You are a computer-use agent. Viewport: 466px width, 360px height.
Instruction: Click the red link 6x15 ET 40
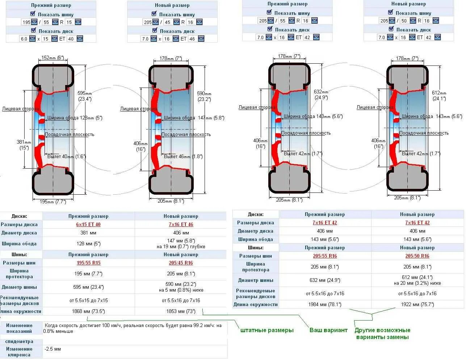click(x=88, y=224)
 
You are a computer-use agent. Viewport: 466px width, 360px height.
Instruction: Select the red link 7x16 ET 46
click(x=181, y=224)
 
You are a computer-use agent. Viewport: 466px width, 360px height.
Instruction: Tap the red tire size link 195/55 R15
click(x=88, y=263)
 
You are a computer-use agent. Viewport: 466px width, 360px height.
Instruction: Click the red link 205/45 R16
click(x=181, y=263)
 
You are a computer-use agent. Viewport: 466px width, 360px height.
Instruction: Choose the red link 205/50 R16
click(x=417, y=256)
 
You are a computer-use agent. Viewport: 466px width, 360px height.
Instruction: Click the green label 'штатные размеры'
click(x=267, y=330)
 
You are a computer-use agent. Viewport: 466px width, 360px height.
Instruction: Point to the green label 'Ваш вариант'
click(x=328, y=330)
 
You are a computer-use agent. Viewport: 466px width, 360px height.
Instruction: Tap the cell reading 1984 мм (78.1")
click(x=325, y=304)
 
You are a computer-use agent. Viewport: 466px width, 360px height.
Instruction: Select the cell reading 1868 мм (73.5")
click(x=88, y=311)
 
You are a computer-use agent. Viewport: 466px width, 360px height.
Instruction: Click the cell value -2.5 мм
click(x=53, y=349)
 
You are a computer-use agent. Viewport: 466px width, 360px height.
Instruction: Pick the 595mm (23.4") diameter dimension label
click(x=85, y=96)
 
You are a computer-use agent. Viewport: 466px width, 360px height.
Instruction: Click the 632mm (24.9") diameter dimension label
click(x=321, y=94)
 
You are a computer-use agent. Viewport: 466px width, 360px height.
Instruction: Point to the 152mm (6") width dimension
click(x=53, y=58)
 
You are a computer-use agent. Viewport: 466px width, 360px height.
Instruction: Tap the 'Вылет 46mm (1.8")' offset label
click(x=183, y=157)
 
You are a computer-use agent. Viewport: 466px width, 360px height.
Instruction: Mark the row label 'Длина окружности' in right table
click(x=256, y=304)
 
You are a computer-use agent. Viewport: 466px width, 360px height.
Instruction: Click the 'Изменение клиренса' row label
click(x=19, y=352)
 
